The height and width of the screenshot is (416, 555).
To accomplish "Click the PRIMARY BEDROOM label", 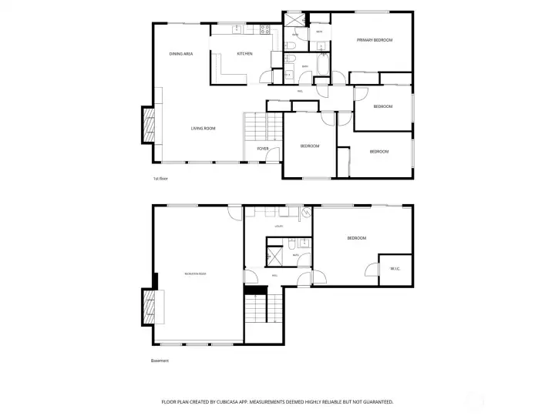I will [x=374, y=40].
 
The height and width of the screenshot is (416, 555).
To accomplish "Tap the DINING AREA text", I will [x=180, y=54].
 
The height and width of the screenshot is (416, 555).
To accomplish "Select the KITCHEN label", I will [x=244, y=54].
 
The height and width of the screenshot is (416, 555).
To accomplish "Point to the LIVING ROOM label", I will [x=203, y=129].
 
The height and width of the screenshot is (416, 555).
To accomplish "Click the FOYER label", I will [x=263, y=148].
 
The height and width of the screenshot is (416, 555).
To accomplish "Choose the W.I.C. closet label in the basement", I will [x=395, y=268].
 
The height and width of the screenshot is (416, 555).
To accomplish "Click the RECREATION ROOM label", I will [x=195, y=274].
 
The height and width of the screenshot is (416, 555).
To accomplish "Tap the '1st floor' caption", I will [x=160, y=178].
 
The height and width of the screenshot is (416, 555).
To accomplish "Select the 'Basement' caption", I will [x=160, y=361].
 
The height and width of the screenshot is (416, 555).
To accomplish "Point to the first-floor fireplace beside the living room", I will [x=147, y=124].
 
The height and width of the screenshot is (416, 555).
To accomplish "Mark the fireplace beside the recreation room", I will [x=148, y=307].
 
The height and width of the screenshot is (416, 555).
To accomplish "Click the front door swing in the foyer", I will [x=272, y=156].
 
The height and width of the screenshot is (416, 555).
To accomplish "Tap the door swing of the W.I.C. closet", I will [x=372, y=270].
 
